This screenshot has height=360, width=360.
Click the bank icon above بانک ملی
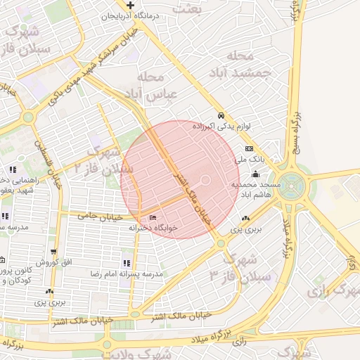pos(250,149)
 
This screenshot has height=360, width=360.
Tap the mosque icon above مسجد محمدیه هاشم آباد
pos(255,174)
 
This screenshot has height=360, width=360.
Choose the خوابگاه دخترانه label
pos(153,228)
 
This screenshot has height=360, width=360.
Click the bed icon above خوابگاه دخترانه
pos(153,217)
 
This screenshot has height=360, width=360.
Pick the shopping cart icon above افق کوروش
pos(53,251)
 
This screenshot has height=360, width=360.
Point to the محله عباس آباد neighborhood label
pos(153,84)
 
